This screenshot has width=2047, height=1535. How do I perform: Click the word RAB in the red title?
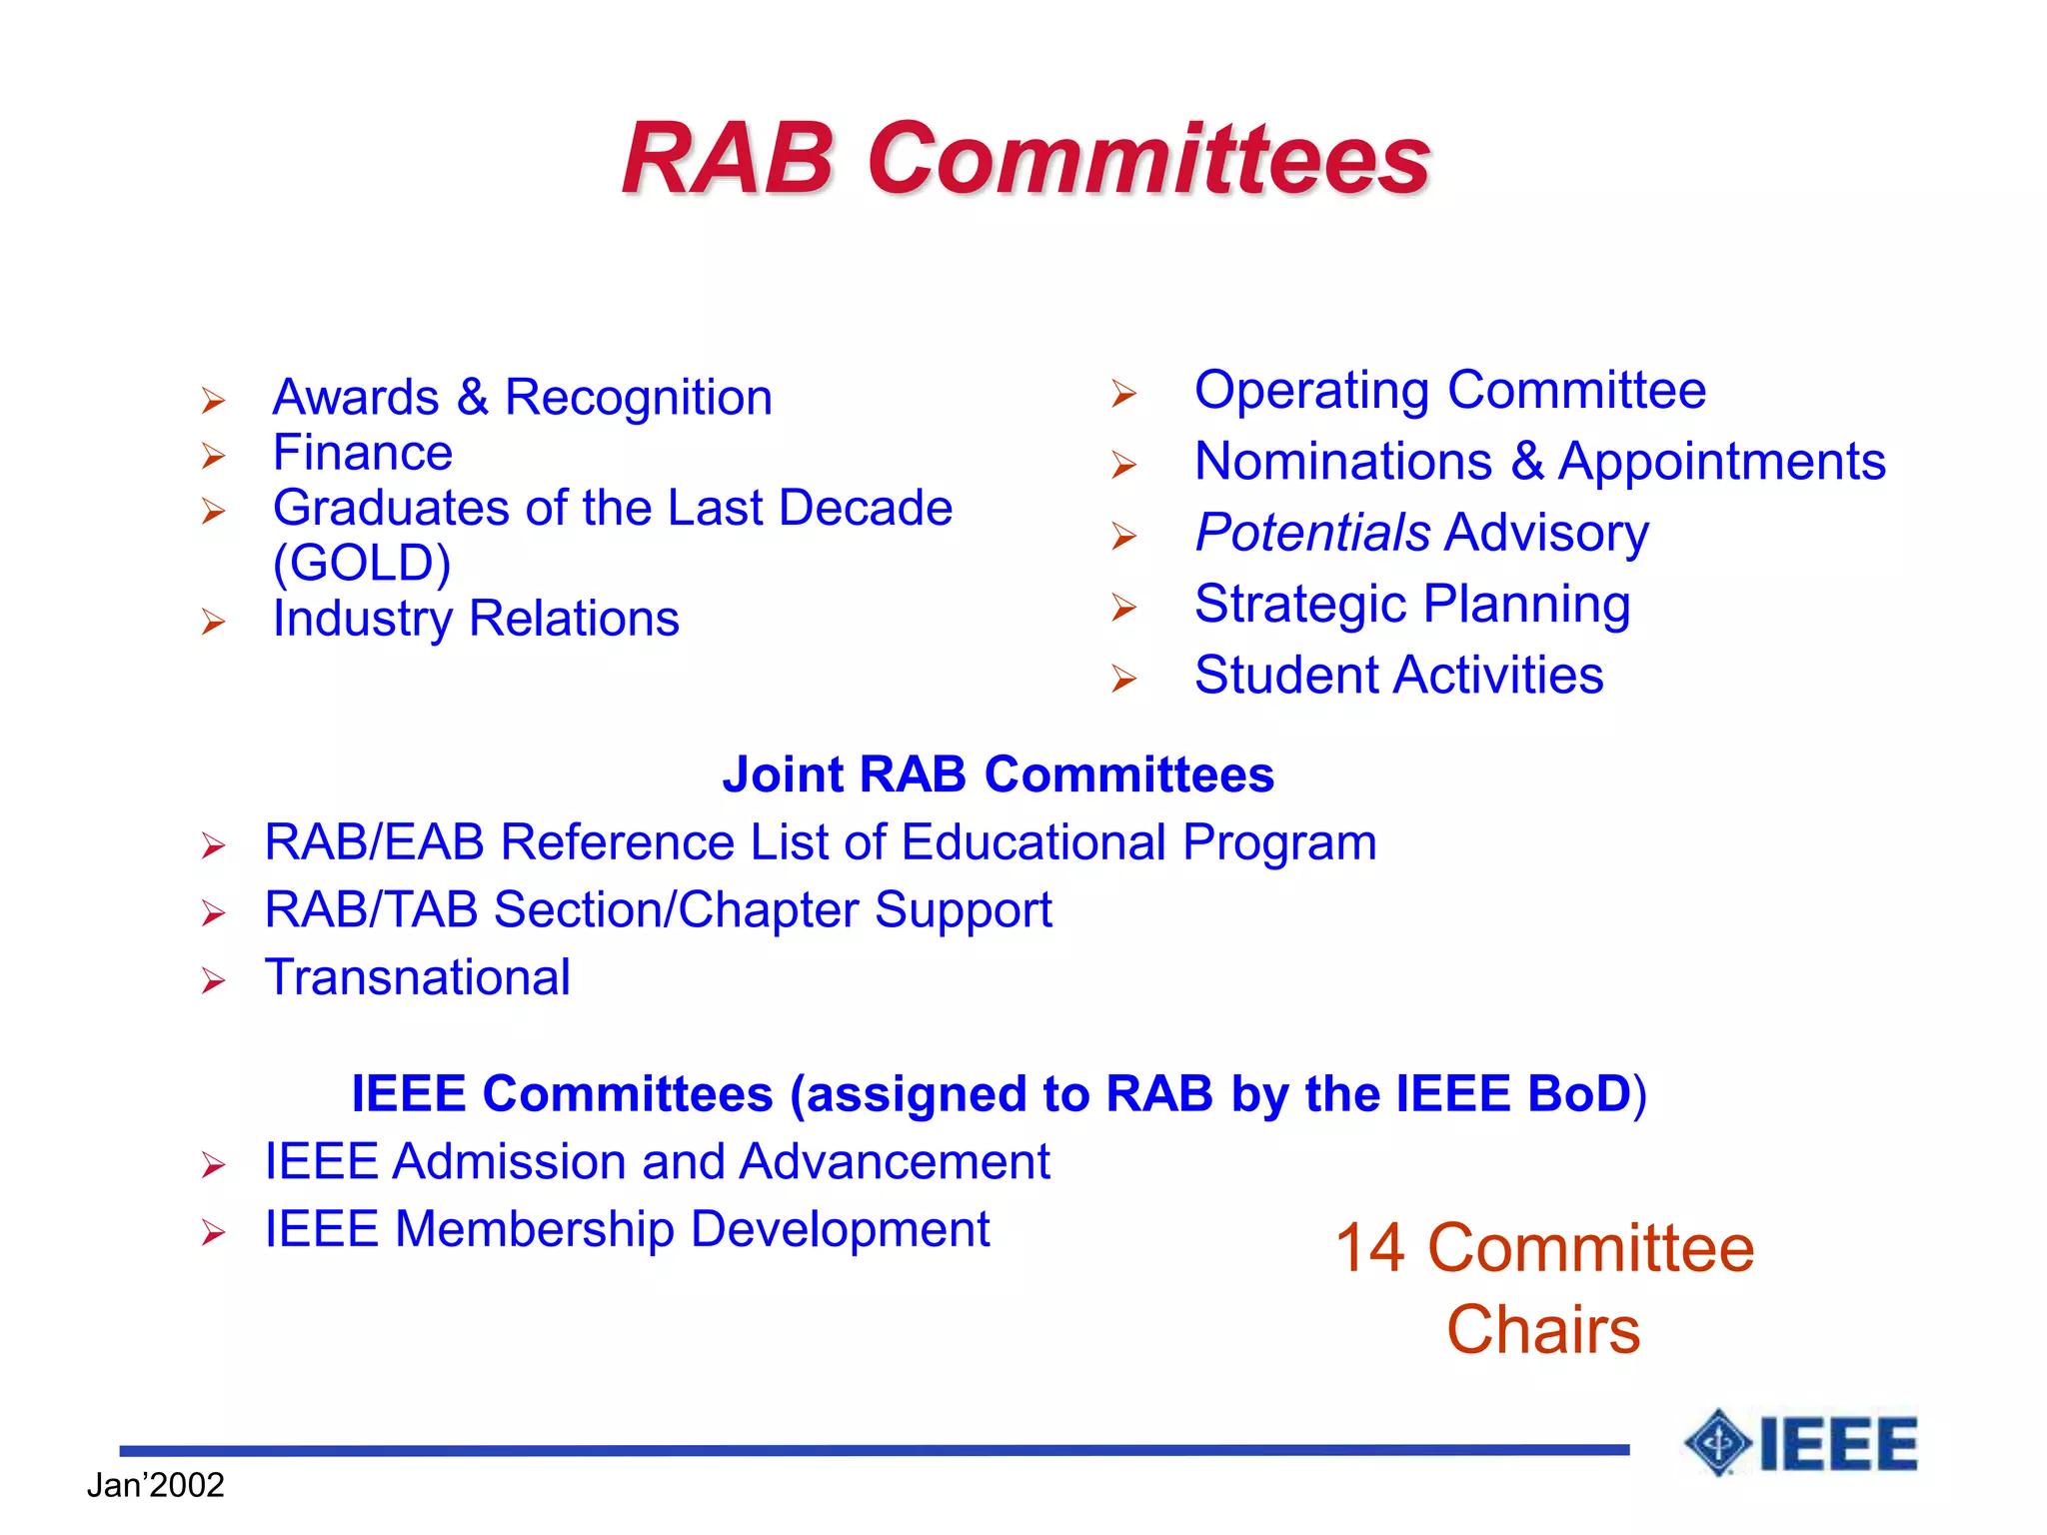pos(727,159)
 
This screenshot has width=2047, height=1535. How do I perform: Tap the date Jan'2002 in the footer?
pos(155,1485)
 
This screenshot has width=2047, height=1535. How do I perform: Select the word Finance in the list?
pos(362,453)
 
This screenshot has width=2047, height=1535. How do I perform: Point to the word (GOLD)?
pos(362,564)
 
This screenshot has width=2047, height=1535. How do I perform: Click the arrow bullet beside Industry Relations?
pos(213,623)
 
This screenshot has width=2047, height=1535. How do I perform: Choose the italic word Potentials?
pos(1312,533)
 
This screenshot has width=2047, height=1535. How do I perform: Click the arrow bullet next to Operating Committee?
pos(1123,394)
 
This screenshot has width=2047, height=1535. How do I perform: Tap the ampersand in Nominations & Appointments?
pos(1526,462)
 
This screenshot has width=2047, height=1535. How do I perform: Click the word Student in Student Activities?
pos(1280,676)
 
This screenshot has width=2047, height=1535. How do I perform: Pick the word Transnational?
pos(417,977)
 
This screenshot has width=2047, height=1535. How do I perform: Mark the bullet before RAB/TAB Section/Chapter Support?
pos(213,913)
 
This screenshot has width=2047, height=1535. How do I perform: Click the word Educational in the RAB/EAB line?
pos(1033,842)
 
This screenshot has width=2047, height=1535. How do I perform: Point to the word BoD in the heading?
pos(1578,1093)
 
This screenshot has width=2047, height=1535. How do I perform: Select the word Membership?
pos(535,1229)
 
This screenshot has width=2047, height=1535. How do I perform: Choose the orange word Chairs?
pos(1542,1330)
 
